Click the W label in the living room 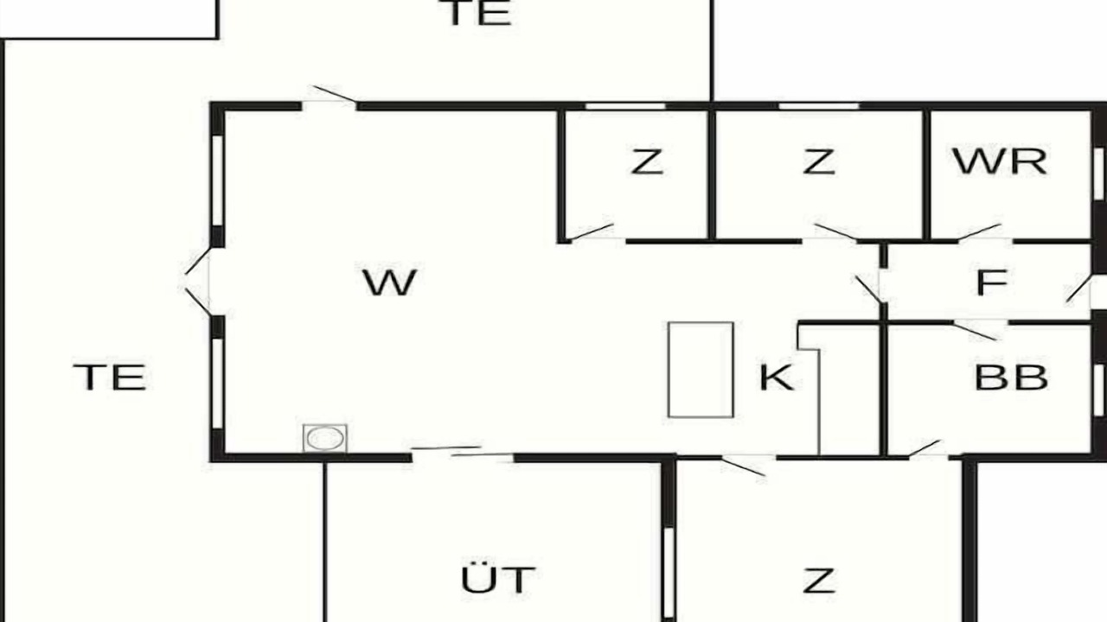pos(389,282)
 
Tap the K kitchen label pos(777,378)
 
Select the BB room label pos(1011,378)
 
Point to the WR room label pos(1000,162)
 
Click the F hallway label pos(992,282)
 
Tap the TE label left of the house pos(110,378)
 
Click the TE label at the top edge pos(478,12)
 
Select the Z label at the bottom pos(819,581)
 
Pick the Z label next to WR pos(819,162)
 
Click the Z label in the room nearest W pos(647,162)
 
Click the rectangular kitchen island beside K pos(701,370)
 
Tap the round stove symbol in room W pos(324,438)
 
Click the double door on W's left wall pos(198,282)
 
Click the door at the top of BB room pos(978,330)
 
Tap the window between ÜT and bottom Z pos(669,572)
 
